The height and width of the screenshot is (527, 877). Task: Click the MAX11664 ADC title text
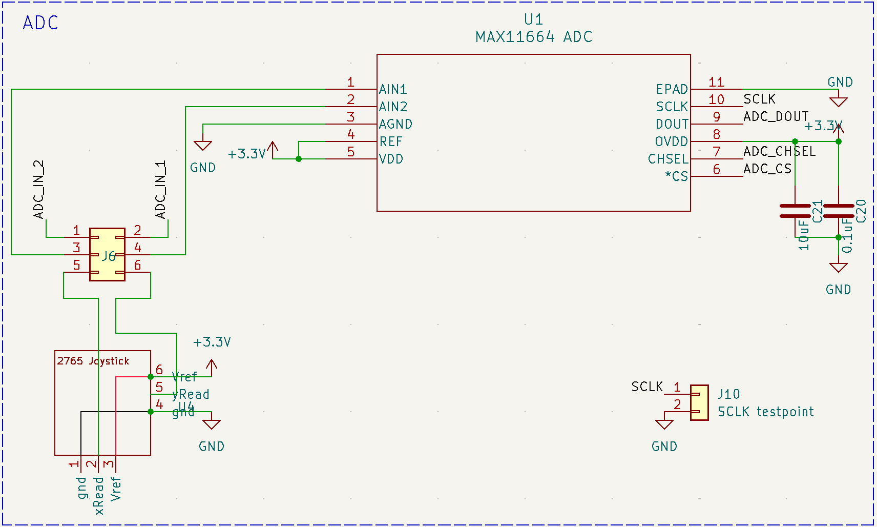point(533,37)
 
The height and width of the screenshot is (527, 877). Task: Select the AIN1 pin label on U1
point(393,89)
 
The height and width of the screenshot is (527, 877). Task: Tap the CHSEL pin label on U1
point(668,159)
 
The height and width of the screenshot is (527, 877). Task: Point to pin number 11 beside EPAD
point(716,82)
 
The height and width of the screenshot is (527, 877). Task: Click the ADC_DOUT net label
point(776,116)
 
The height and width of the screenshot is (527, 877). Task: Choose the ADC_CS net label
point(767,169)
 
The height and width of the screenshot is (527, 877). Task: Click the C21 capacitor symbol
point(795,211)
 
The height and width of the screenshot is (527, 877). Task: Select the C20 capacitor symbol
point(839,211)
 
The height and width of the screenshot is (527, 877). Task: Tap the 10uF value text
point(804,235)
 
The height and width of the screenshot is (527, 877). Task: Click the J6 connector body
point(107,255)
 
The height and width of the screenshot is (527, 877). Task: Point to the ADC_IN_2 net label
point(39,189)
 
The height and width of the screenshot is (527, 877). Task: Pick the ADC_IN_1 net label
point(161,189)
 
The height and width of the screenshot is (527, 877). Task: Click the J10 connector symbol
point(699,403)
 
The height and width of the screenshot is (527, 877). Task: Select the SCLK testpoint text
point(765,412)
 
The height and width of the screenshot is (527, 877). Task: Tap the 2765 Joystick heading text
point(93,361)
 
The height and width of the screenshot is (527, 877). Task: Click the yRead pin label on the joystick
point(191,394)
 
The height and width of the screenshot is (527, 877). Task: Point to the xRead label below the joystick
point(99,495)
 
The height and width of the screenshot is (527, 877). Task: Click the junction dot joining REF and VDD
point(299,159)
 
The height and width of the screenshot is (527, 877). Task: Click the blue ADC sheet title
point(40,23)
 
